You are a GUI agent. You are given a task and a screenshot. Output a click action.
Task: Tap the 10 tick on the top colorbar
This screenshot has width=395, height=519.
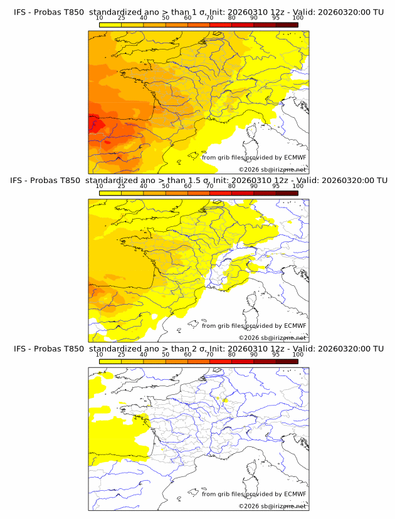100,18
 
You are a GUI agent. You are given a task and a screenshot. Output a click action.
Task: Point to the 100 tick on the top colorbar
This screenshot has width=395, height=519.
298,18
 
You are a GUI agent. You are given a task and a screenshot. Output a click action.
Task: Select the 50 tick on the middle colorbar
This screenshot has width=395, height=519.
166,186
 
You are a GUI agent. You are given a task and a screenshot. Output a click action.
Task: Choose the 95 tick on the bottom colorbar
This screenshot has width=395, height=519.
276,355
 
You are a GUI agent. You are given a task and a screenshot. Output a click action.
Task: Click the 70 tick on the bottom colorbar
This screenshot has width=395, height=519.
209,355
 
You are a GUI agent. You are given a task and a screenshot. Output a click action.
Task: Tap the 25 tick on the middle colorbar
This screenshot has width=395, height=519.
122,186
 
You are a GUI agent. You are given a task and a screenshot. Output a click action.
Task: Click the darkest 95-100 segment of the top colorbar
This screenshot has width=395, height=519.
287,24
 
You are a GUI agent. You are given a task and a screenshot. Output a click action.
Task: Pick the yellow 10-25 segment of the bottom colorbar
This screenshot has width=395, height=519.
110,362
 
